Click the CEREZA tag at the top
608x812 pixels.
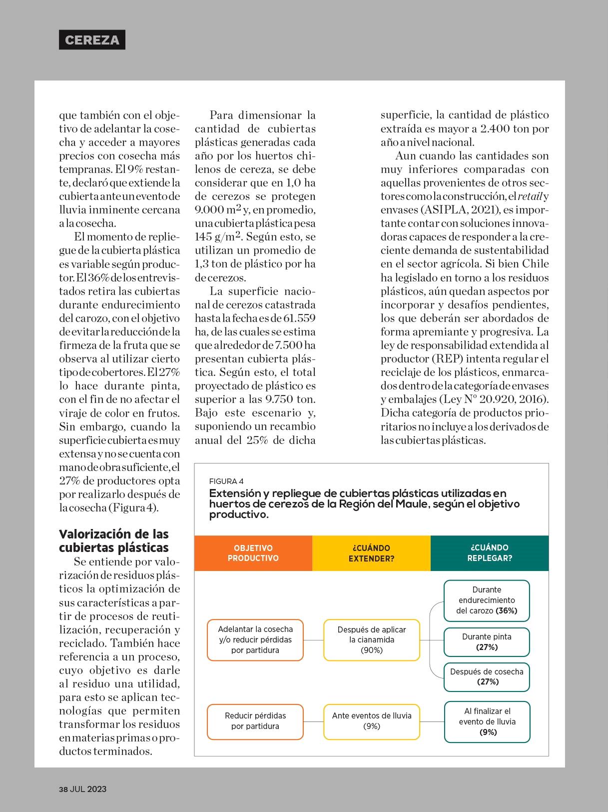coord(92,40)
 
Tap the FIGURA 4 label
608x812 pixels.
coord(226,481)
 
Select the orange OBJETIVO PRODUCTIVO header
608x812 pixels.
coord(253,553)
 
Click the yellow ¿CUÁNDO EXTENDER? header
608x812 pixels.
coord(371,553)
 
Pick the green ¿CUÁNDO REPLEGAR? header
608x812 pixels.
coord(490,553)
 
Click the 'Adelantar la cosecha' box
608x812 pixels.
coord(255,639)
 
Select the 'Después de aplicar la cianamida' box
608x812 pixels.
coord(372,639)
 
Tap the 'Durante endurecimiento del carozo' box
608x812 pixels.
coord(487,600)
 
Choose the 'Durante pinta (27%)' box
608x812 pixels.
coord(487,642)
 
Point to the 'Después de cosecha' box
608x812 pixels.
coord(487,677)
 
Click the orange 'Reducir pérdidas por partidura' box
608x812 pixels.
coord(255,721)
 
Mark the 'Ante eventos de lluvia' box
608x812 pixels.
coord(372,721)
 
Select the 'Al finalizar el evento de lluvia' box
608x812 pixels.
coord(487,721)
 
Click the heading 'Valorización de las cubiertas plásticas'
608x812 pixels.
coord(114,540)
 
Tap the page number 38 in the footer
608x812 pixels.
coord(63,789)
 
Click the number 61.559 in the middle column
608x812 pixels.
coord(299,318)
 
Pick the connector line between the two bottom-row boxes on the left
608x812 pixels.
coord(313,721)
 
